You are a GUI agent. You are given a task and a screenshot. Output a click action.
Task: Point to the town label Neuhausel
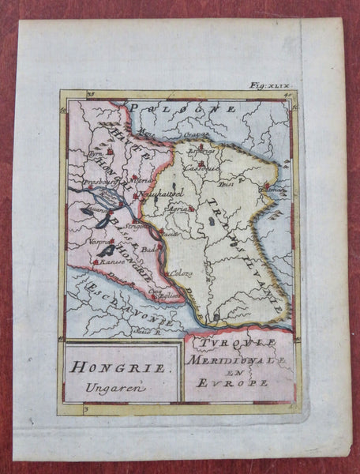[161, 193]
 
